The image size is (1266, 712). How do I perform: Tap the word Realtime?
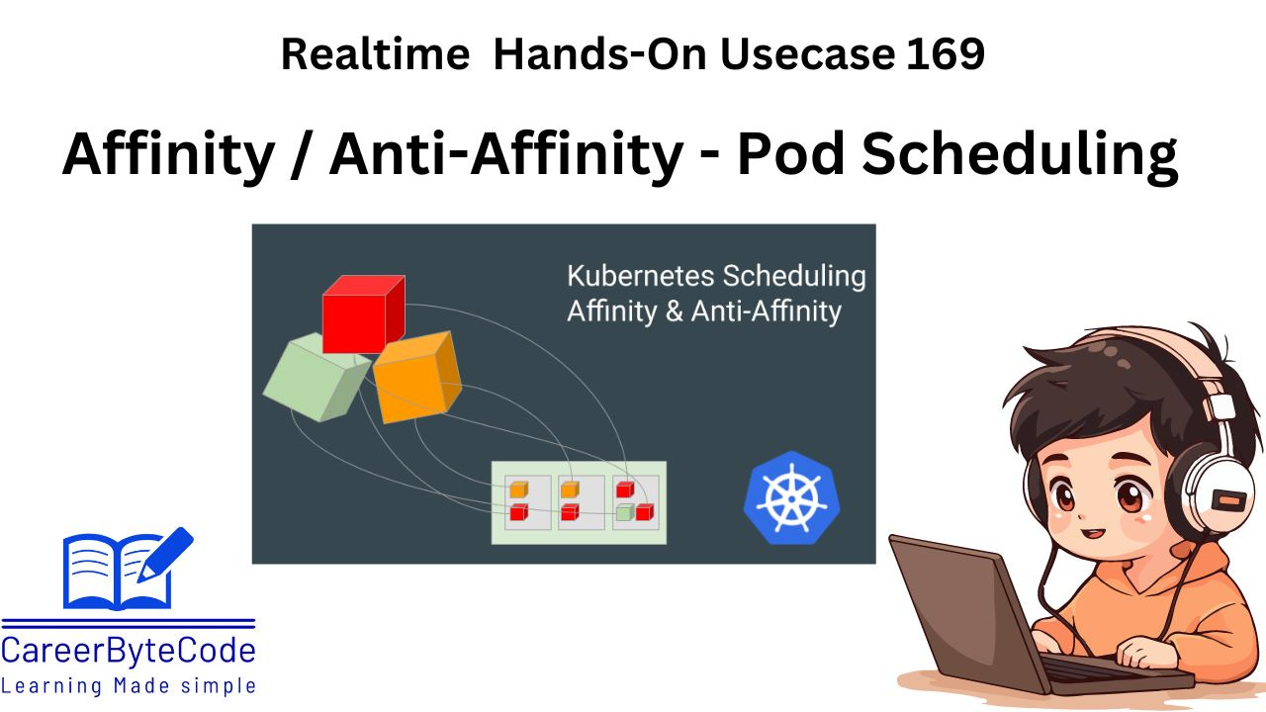(x=375, y=54)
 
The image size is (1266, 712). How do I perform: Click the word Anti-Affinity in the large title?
(x=505, y=153)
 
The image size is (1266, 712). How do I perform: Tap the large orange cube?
(x=416, y=377)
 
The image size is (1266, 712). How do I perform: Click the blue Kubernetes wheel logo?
(x=791, y=498)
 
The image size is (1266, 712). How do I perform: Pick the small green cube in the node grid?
(x=624, y=512)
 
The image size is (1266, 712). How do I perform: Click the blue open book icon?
(x=118, y=571)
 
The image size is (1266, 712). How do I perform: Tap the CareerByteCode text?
(x=129, y=651)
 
